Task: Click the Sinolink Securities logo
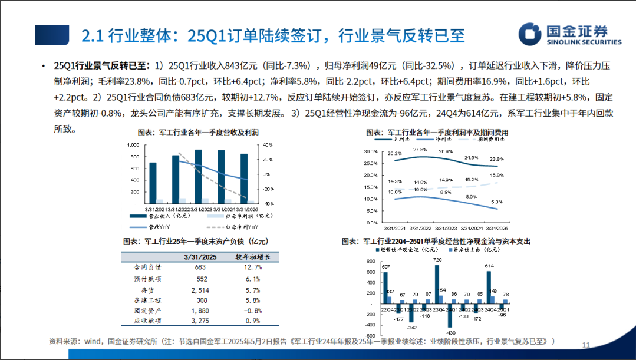[x=569, y=35]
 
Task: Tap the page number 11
[x=585, y=345]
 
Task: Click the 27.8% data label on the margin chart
[x=420, y=150]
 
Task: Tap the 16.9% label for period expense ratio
[x=496, y=175]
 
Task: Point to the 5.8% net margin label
[x=497, y=202]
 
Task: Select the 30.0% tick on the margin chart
[x=370, y=151]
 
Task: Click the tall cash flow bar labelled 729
[x=437, y=283]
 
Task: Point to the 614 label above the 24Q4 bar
[x=489, y=266]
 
